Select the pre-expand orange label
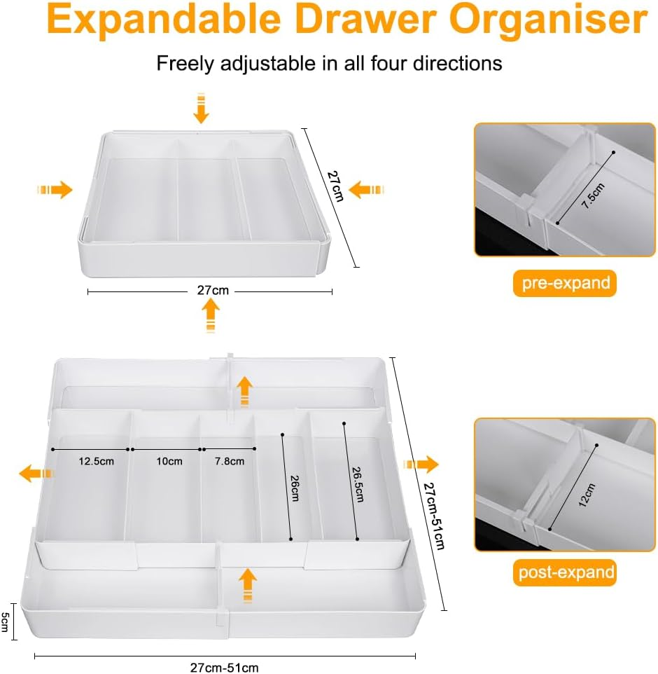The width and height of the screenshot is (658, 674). [x=565, y=283]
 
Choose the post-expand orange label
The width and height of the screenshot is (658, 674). [x=565, y=572]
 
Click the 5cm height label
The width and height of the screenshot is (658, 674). [x=6, y=621]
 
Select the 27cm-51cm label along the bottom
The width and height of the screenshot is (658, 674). [x=224, y=667]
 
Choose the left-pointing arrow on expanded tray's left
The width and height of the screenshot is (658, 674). [x=36, y=474]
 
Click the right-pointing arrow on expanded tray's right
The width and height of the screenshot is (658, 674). [x=421, y=464]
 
